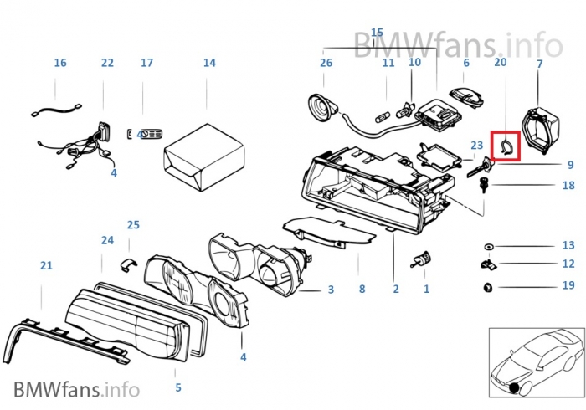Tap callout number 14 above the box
209,63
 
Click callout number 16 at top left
60,63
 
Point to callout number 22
107,63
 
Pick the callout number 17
147,63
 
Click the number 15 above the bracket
377,32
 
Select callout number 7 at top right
539,64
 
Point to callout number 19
568,285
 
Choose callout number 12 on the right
568,264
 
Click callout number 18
568,186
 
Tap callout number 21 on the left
46,266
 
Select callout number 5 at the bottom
178,387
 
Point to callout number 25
133,225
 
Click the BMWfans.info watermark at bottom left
76,389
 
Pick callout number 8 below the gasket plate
362,290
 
